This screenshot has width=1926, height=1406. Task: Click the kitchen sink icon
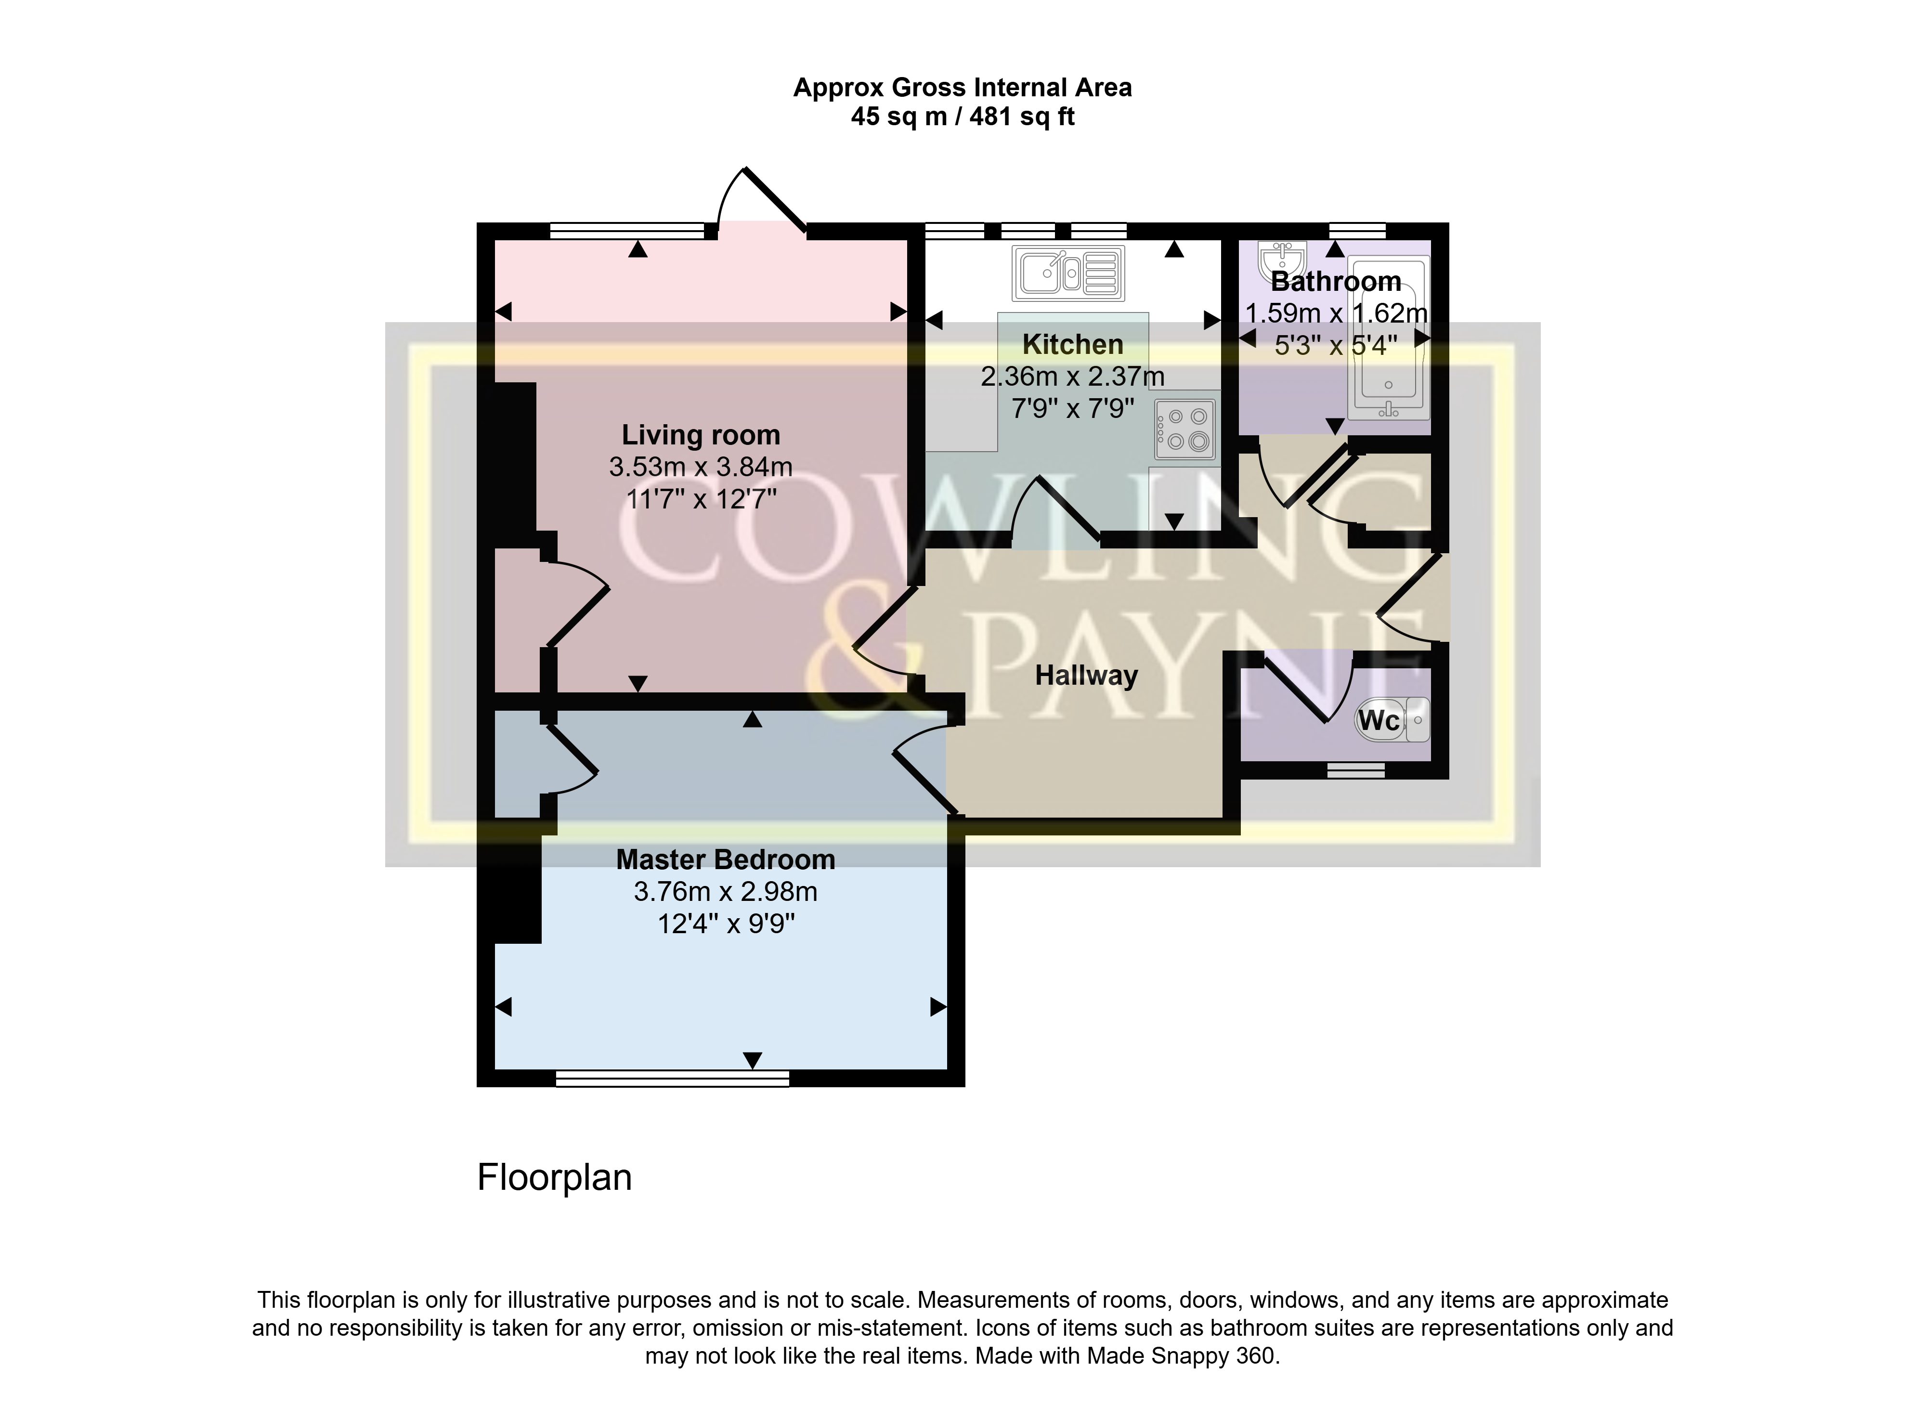tap(1068, 273)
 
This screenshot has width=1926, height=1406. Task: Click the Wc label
tap(1379, 721)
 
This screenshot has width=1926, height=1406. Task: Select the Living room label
tap(701, 435)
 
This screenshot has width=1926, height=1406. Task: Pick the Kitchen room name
tap(1072, 345)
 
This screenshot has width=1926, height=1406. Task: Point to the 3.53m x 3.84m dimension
tap(701, 467)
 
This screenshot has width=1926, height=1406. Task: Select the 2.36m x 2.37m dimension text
tap(1072, 376)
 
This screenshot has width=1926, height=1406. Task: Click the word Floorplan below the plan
tap(554, 1178)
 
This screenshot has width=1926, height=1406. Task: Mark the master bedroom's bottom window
tap(672, 1078)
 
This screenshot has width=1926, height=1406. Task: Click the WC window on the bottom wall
tap(1356, 770)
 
